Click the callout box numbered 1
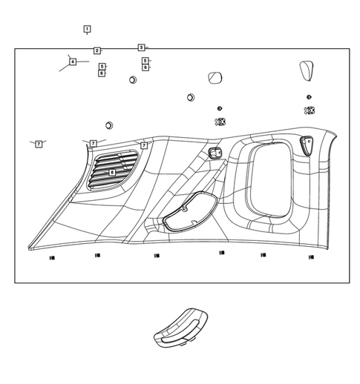point(87,30)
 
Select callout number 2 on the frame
point(97,50)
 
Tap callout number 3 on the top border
point(141,47)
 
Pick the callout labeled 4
point(73,62)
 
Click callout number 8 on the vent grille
point(112,172)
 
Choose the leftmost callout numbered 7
point(39,143)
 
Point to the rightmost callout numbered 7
point(144,145)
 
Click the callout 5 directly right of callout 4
point(102,67)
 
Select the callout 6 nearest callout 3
point(145,67)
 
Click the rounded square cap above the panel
point(215,79)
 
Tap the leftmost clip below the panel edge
point(51,256)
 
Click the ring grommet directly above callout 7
point(109,125)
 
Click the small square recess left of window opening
point(216,153)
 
